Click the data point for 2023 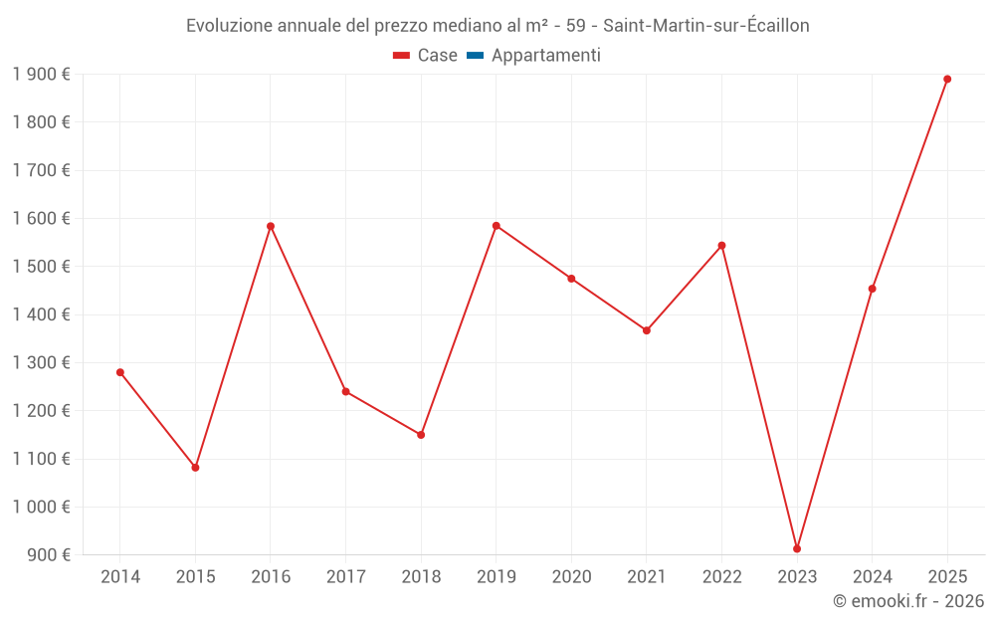[x=797, y=548]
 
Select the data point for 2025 [x=947, y=79]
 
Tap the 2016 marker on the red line [x=271, y=226]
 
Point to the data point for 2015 [x=195, y=467]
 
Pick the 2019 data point [x=497, y=226]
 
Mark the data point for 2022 [x=721, y=245]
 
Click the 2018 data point [x=421, y=435]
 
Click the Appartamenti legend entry [x=545, y=56]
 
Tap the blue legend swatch [x=475, y=56]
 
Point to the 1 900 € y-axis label [x=41, y=75]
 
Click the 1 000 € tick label [x=41, y=507]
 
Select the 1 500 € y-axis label [x=41, y=267]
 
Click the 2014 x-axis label [x=120, y=576]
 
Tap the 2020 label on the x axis [x=571, y=576]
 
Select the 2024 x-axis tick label [x=872, y=576]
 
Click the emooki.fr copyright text [x=907, y=601]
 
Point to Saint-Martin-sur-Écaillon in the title [x=706, y=26]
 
